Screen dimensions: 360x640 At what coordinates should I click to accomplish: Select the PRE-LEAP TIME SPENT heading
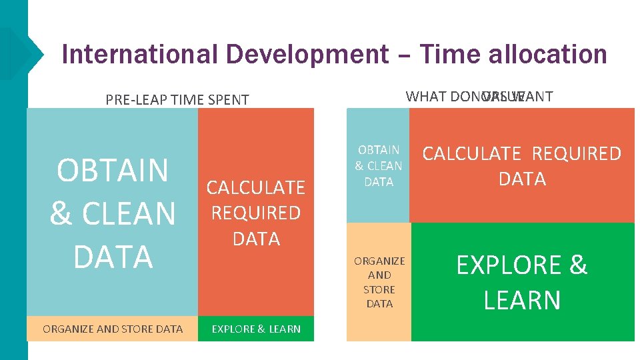(x=177, y=100)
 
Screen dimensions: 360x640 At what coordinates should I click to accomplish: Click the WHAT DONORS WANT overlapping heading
(x=479, y=97)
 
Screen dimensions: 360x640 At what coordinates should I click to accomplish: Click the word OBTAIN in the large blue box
(x=113, y=170)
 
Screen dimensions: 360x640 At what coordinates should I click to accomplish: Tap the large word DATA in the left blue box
(x=113, y=257)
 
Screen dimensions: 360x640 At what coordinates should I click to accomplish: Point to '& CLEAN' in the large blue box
(x=113, y=214)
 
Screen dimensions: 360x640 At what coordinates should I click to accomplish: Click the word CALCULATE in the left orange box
(x=256, y=188)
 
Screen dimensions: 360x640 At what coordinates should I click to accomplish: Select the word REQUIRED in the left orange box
(x=256, y=213)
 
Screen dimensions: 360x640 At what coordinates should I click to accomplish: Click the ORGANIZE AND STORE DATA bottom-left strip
(x=113, y=329)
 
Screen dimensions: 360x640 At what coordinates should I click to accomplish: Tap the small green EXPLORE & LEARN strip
(x=256, y=329)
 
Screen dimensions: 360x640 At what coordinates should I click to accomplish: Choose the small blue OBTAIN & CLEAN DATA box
(x=379, y=165)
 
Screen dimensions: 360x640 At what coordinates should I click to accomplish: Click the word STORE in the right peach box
(x=379, y=289)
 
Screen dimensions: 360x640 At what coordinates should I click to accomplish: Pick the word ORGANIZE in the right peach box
(x=379, y=261)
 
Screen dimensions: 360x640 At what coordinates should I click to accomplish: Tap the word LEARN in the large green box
(x=522, y=300)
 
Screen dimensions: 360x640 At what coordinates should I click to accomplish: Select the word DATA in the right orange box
(x=522, y=179)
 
